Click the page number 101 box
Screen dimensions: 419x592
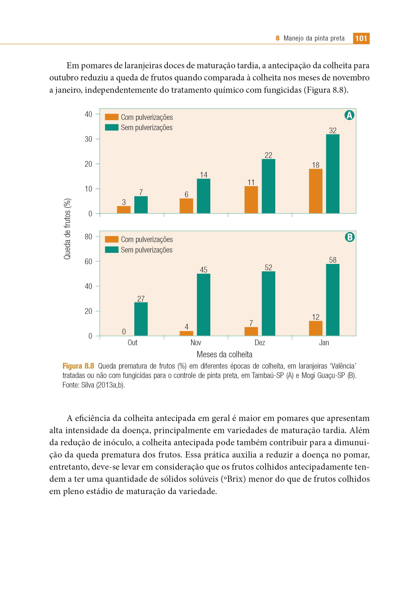361,38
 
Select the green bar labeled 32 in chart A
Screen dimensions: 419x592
333,174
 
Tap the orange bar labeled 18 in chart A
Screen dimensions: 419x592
316,191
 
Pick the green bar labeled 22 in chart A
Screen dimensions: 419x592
268,186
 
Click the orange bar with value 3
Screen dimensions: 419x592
124,210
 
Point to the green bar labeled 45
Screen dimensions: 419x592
204,305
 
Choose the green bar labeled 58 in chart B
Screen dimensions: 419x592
333,300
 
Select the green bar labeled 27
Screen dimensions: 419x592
141,319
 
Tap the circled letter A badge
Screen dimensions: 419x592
349,115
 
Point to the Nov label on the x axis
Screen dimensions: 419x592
196,343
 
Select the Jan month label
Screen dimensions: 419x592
324,343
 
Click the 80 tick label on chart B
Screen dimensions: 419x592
88,237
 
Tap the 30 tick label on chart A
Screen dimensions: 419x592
88,139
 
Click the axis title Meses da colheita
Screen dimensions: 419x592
225,355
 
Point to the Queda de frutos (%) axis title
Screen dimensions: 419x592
67,229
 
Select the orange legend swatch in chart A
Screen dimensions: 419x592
112,117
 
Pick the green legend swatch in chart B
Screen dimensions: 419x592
112,250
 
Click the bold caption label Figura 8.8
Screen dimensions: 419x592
78,366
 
